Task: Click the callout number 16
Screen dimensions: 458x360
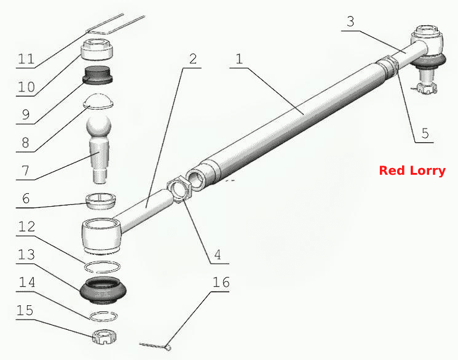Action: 221,282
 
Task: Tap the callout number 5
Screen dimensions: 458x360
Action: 425,134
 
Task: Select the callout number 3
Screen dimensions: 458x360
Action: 350,22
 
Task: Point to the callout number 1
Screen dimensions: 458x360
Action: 239,59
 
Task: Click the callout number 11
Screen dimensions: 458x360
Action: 26,59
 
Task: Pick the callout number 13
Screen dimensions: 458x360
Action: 26,255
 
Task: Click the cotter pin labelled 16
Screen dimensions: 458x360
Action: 156,346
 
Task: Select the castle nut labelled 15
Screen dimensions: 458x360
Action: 105,337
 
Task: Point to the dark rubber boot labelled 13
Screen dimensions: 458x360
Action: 103,289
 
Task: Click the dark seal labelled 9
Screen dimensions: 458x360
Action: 98,75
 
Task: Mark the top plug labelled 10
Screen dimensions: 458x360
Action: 97,49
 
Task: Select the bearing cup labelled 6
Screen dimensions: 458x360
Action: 100,201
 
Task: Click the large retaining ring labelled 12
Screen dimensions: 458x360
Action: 102,266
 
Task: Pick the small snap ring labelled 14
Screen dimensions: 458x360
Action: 103,316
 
